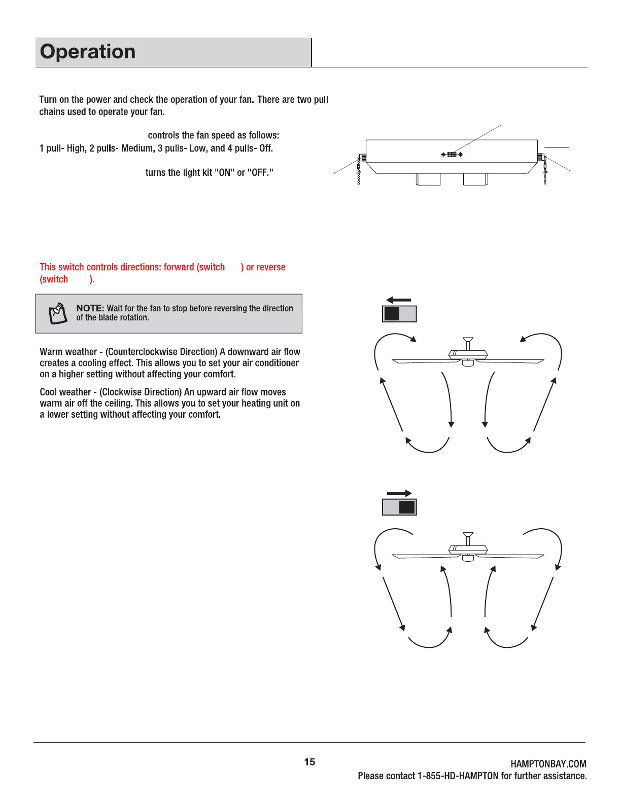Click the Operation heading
(x=88, y=52)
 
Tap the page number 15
(x=309, y=762)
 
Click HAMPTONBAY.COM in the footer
(x=548, y=764)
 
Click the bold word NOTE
(x=90, y=308)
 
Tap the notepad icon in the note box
(x=58, y=314)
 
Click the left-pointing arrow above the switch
(x=399, y=300)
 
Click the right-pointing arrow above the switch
(x=399, y=493)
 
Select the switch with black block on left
(x=399, y=314)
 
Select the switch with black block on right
(x=399, y=507)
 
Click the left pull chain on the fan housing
(x=359, y=172)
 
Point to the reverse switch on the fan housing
(x=452, y=155)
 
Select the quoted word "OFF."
(x=260, y=173)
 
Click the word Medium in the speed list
(x=137, y=149)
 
